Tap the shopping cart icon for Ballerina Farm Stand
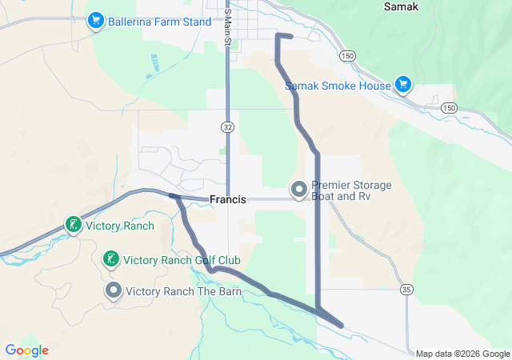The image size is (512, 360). click(96, 18)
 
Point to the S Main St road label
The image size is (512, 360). click(227, 26)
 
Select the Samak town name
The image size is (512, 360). click(401, 6)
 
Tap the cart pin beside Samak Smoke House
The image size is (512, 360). click(402, 85)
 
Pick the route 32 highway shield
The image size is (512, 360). click(227, 126)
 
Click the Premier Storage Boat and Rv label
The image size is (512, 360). click(352, 190)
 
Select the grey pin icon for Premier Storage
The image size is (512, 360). click(299, 190)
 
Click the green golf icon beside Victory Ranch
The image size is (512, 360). click(73, 225)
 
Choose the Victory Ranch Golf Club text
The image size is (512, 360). click(182, 260)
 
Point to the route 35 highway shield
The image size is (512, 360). click(408, 289)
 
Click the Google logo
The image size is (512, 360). click(26, 350)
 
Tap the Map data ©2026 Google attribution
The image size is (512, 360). click(462, 354)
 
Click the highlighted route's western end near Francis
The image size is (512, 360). click(171, 194)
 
